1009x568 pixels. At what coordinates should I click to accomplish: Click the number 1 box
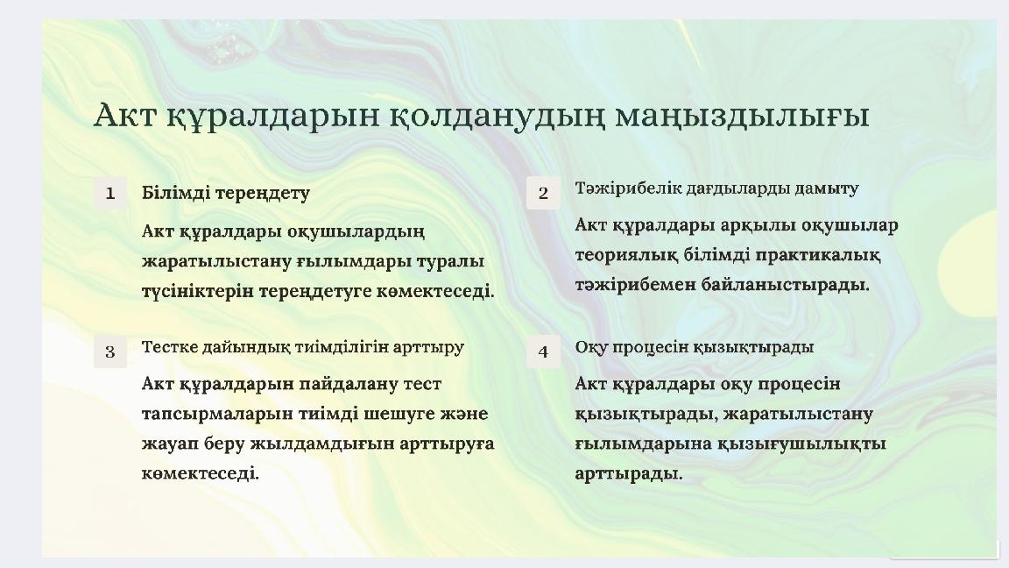click(x=110, y=193)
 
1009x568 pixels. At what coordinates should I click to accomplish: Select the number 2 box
click(x=543, y=193)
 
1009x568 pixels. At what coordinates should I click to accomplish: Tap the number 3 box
click(x=110, y=351)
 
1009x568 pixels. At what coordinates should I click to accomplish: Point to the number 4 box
click(x=543, y=351)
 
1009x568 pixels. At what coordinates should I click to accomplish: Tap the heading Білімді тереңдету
click(x=226, y=193)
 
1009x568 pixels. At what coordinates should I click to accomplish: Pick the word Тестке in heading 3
click(x=170, y=347)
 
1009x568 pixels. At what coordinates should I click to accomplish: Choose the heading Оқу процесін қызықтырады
click(x=695, y=348)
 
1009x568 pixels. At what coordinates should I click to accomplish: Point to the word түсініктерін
click(x=198, y=292)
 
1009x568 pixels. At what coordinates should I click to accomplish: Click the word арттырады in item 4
click(x=628, y=474)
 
